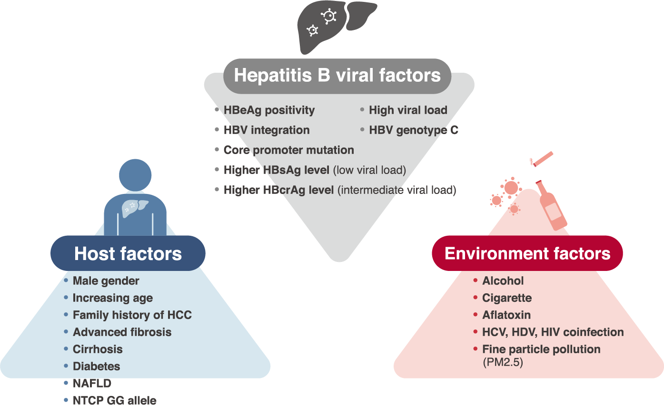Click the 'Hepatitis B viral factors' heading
[x=337, y=76]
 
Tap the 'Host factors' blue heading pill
[x=128, y=253]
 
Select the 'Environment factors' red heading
[x=527, y=253]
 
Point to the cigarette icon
[x=542, y=159]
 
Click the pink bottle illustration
[x=551, y=206]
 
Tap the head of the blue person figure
[x=135, y=175]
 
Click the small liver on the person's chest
[x=135, y=208]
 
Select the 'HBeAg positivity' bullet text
[x=269, y=110]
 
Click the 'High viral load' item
[x=408, y=110]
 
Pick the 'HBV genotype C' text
[x=414, y=130]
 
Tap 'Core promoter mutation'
[x=289, y=150]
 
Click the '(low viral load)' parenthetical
[x=370, y=170]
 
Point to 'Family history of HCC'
[x=132, y=315]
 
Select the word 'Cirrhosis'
[x=98, y=349]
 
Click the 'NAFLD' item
[x=92, y=384]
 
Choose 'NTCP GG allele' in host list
[x=114, y=400]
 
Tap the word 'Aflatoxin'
[x=506, y=315]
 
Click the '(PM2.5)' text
[x=503, y=362]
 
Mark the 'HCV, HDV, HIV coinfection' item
[x=553, y=332]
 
